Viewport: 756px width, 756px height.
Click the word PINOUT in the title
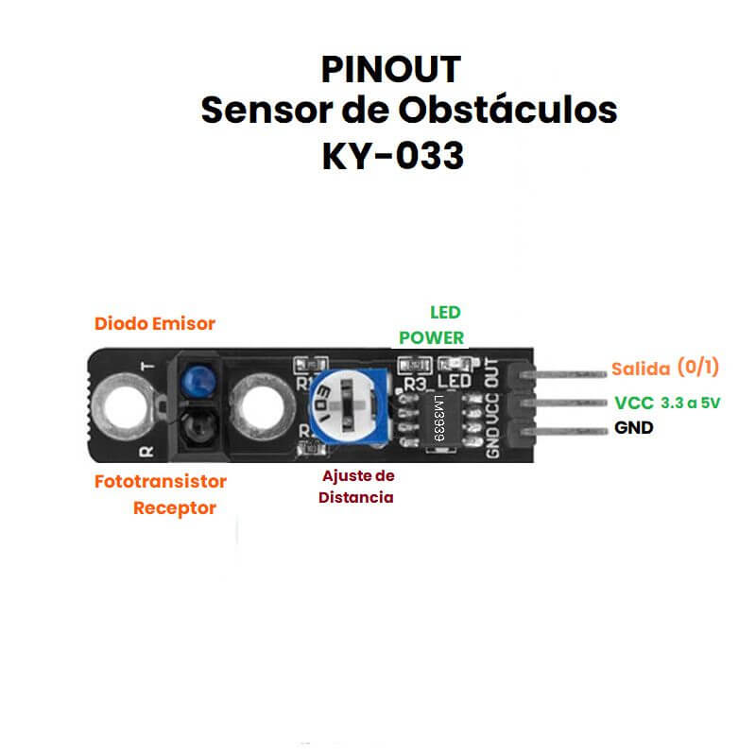[391, 69]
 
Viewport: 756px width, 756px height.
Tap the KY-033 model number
[393, 156]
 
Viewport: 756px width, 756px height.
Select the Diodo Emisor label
[155, 323]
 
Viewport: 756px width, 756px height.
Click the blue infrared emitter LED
[198, 380]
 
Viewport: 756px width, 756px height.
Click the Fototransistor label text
[161, 482]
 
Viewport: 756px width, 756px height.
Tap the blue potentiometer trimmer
[349, 405]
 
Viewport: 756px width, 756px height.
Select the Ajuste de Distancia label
[356, 487]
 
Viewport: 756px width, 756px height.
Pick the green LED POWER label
[432, 325]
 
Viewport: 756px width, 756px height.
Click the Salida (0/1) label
[665, 368]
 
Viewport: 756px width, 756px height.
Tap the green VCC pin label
[634, 404]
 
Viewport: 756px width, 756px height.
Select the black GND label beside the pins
[634, 428]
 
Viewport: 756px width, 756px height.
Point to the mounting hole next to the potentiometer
[263, 406]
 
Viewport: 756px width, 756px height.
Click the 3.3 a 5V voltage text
[691, 404]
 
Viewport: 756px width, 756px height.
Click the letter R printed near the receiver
[146, 452]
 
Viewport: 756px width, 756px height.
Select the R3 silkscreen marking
[416, 385]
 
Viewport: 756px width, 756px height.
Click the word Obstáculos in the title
[507, 111]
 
